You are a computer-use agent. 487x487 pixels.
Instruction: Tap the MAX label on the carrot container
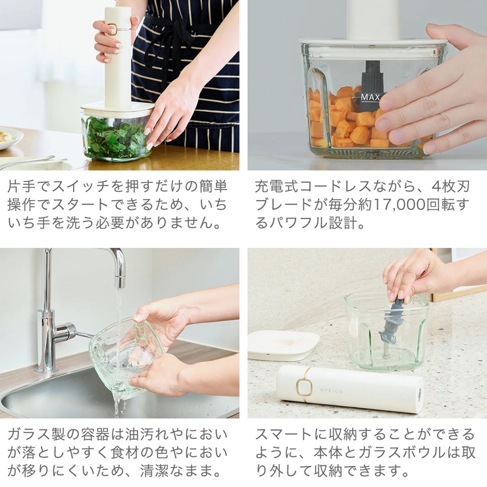click(370, 97)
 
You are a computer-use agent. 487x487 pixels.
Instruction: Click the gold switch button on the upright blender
click(113, 29)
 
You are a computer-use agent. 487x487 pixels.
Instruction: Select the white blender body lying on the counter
click(349, 388)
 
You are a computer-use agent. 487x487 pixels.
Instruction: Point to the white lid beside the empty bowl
click(283, 344)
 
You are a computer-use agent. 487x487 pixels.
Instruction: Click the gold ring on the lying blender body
click(303, 388)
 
